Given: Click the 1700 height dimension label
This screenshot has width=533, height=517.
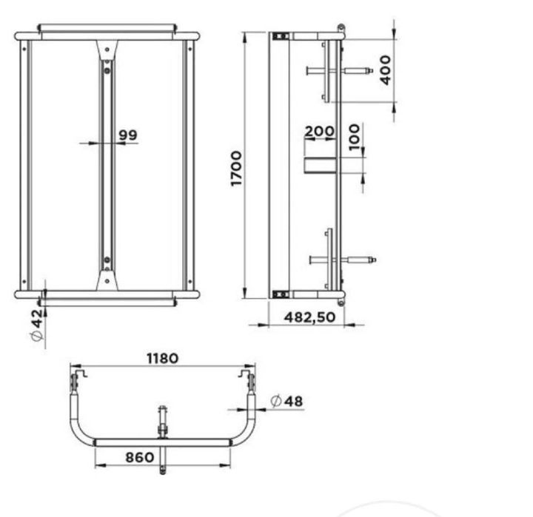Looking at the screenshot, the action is (236, 169).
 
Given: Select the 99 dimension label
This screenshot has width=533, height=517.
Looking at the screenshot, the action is (128, 135).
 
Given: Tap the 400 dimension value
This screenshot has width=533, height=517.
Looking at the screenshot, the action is (386, 70).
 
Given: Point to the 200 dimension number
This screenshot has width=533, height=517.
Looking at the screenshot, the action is (319, 131).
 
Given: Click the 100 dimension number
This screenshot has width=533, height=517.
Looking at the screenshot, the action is (354, 138).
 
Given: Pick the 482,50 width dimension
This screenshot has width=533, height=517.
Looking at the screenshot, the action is (309, 317).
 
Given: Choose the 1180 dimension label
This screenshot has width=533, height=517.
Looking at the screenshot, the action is (162, 359).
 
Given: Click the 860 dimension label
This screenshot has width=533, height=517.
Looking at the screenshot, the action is (140, 457).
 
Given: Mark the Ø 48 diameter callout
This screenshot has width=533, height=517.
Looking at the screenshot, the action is (286, 401).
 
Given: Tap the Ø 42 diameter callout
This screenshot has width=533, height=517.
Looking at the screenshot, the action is (37, 325).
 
